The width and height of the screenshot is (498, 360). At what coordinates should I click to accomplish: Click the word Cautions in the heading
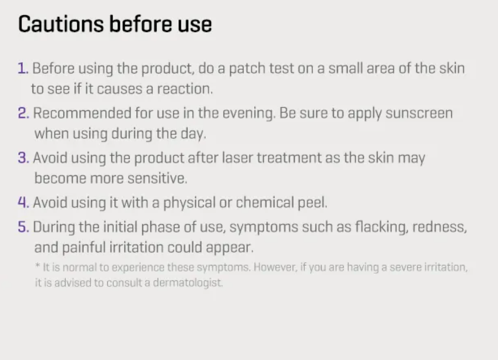pos(61,24)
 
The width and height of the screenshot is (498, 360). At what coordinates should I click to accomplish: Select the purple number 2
pos(23,113)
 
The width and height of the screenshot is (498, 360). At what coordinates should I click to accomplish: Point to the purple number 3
pos(23,158)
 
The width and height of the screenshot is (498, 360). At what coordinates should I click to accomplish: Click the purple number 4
pos(23,202)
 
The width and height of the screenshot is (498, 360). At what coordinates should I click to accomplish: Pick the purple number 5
pos(23,227)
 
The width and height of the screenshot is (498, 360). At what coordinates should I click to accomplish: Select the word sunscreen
pos(419,113)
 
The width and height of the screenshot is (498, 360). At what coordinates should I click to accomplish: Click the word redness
pos(440,227)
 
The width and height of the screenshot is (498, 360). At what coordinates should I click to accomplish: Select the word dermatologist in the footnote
pos(188,283)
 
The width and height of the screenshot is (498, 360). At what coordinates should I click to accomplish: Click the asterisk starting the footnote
pos(38,265)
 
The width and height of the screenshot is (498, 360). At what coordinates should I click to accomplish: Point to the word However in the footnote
pos(275,267)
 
